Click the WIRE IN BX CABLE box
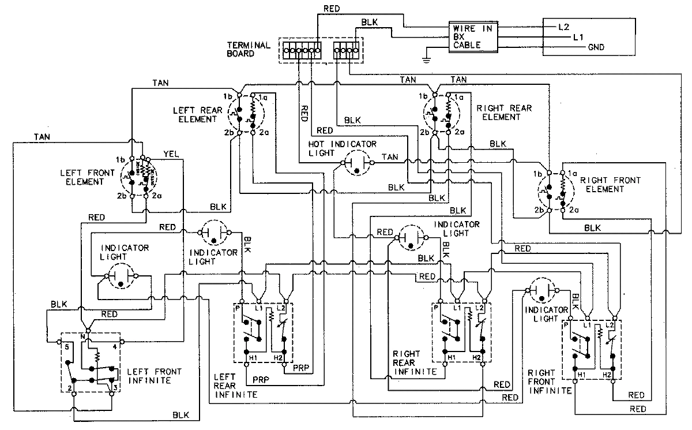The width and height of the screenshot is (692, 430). point(473,38)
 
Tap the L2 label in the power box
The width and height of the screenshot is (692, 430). point(564,27)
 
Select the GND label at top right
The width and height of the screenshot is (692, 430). point(596,47)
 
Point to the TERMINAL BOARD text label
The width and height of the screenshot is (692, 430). point(249,49)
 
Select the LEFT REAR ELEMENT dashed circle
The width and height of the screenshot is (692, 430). point(243,113)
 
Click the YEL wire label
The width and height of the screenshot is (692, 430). point(171,154)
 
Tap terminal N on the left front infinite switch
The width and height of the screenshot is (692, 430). point(84,335)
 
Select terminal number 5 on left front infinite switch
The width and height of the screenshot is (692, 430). point(67,347)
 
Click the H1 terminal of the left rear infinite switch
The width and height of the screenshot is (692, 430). point(252,358)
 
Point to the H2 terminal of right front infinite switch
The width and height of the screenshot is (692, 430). point(607,376)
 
